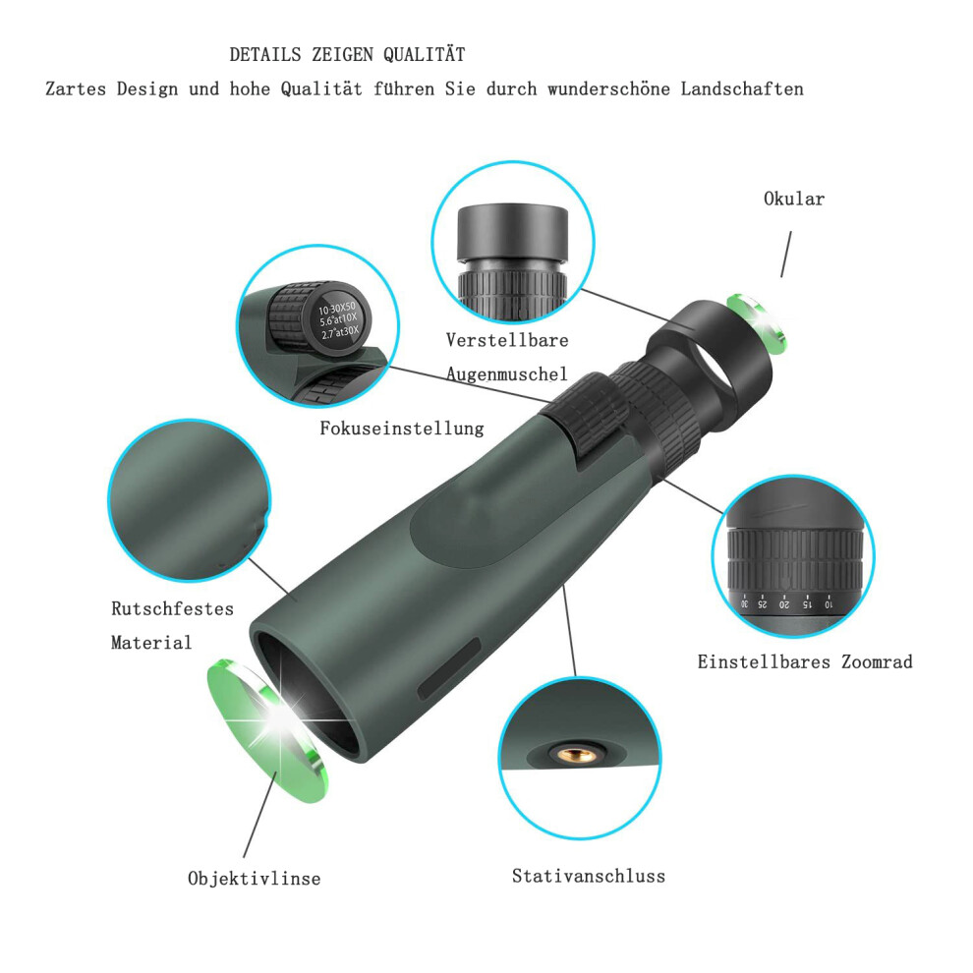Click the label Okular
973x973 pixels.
coord(794,200)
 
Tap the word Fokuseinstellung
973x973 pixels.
coord(402,429)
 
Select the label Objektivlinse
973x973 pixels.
coord(254,879)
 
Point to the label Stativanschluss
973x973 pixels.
coord(589,877)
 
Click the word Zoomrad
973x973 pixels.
coord(877,662)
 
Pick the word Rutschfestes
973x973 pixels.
coord(173,608)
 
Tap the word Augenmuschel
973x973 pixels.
coord(507,374)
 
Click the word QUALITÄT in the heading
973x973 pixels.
coord(424,55)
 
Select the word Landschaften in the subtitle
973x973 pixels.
coord(742,89)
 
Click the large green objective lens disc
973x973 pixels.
coord(266,731)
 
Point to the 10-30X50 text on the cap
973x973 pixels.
coord(337,309)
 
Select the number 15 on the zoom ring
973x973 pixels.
coord(806,603)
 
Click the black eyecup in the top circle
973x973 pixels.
coord(513,233)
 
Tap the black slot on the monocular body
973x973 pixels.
coord(449,668)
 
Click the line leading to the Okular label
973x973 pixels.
coord(786,255)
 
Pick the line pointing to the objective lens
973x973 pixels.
coord(260,814)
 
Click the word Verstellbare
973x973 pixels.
coord(507,340)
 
